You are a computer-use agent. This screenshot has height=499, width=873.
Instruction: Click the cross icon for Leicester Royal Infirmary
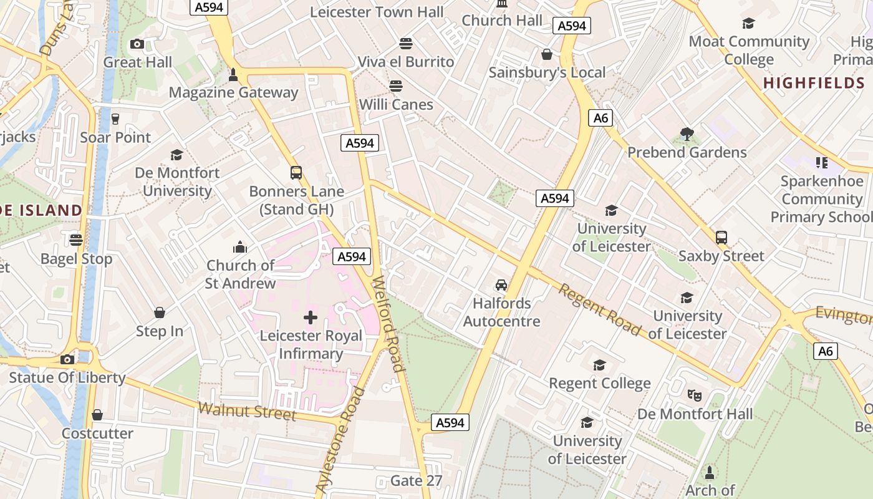click(310, 317)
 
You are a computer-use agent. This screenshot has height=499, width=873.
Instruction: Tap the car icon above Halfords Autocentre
click(501, 285)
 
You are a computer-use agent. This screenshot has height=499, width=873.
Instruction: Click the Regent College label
click(599, 383)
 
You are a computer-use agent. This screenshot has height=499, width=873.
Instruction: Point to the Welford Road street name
click(387, 324)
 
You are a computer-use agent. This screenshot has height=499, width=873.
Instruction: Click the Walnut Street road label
click(247, 412)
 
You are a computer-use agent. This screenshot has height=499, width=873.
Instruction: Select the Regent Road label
click(599, 309)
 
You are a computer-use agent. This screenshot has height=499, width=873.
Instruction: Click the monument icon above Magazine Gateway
click(233, 75)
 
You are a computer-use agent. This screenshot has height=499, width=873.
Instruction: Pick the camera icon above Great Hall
click(137, 44)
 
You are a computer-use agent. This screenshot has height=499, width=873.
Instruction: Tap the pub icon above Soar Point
click(115, 119)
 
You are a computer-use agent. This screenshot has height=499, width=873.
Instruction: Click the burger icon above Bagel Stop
click(76, 240)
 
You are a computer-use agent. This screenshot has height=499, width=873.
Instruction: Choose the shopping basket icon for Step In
click(160, 312)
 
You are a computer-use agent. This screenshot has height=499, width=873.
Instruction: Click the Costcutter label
click(97, 434)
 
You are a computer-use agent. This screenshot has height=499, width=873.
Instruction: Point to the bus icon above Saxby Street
click(721, 237)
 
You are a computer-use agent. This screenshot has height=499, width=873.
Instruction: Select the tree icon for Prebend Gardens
click(687, 133)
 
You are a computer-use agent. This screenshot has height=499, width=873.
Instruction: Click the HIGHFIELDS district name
click(814, 83)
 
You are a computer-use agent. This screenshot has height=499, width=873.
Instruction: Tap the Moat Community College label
click(749, 51)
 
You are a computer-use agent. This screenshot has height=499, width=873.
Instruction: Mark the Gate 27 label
click(416, 481)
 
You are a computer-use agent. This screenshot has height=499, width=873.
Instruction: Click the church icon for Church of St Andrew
click(240, 247)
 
